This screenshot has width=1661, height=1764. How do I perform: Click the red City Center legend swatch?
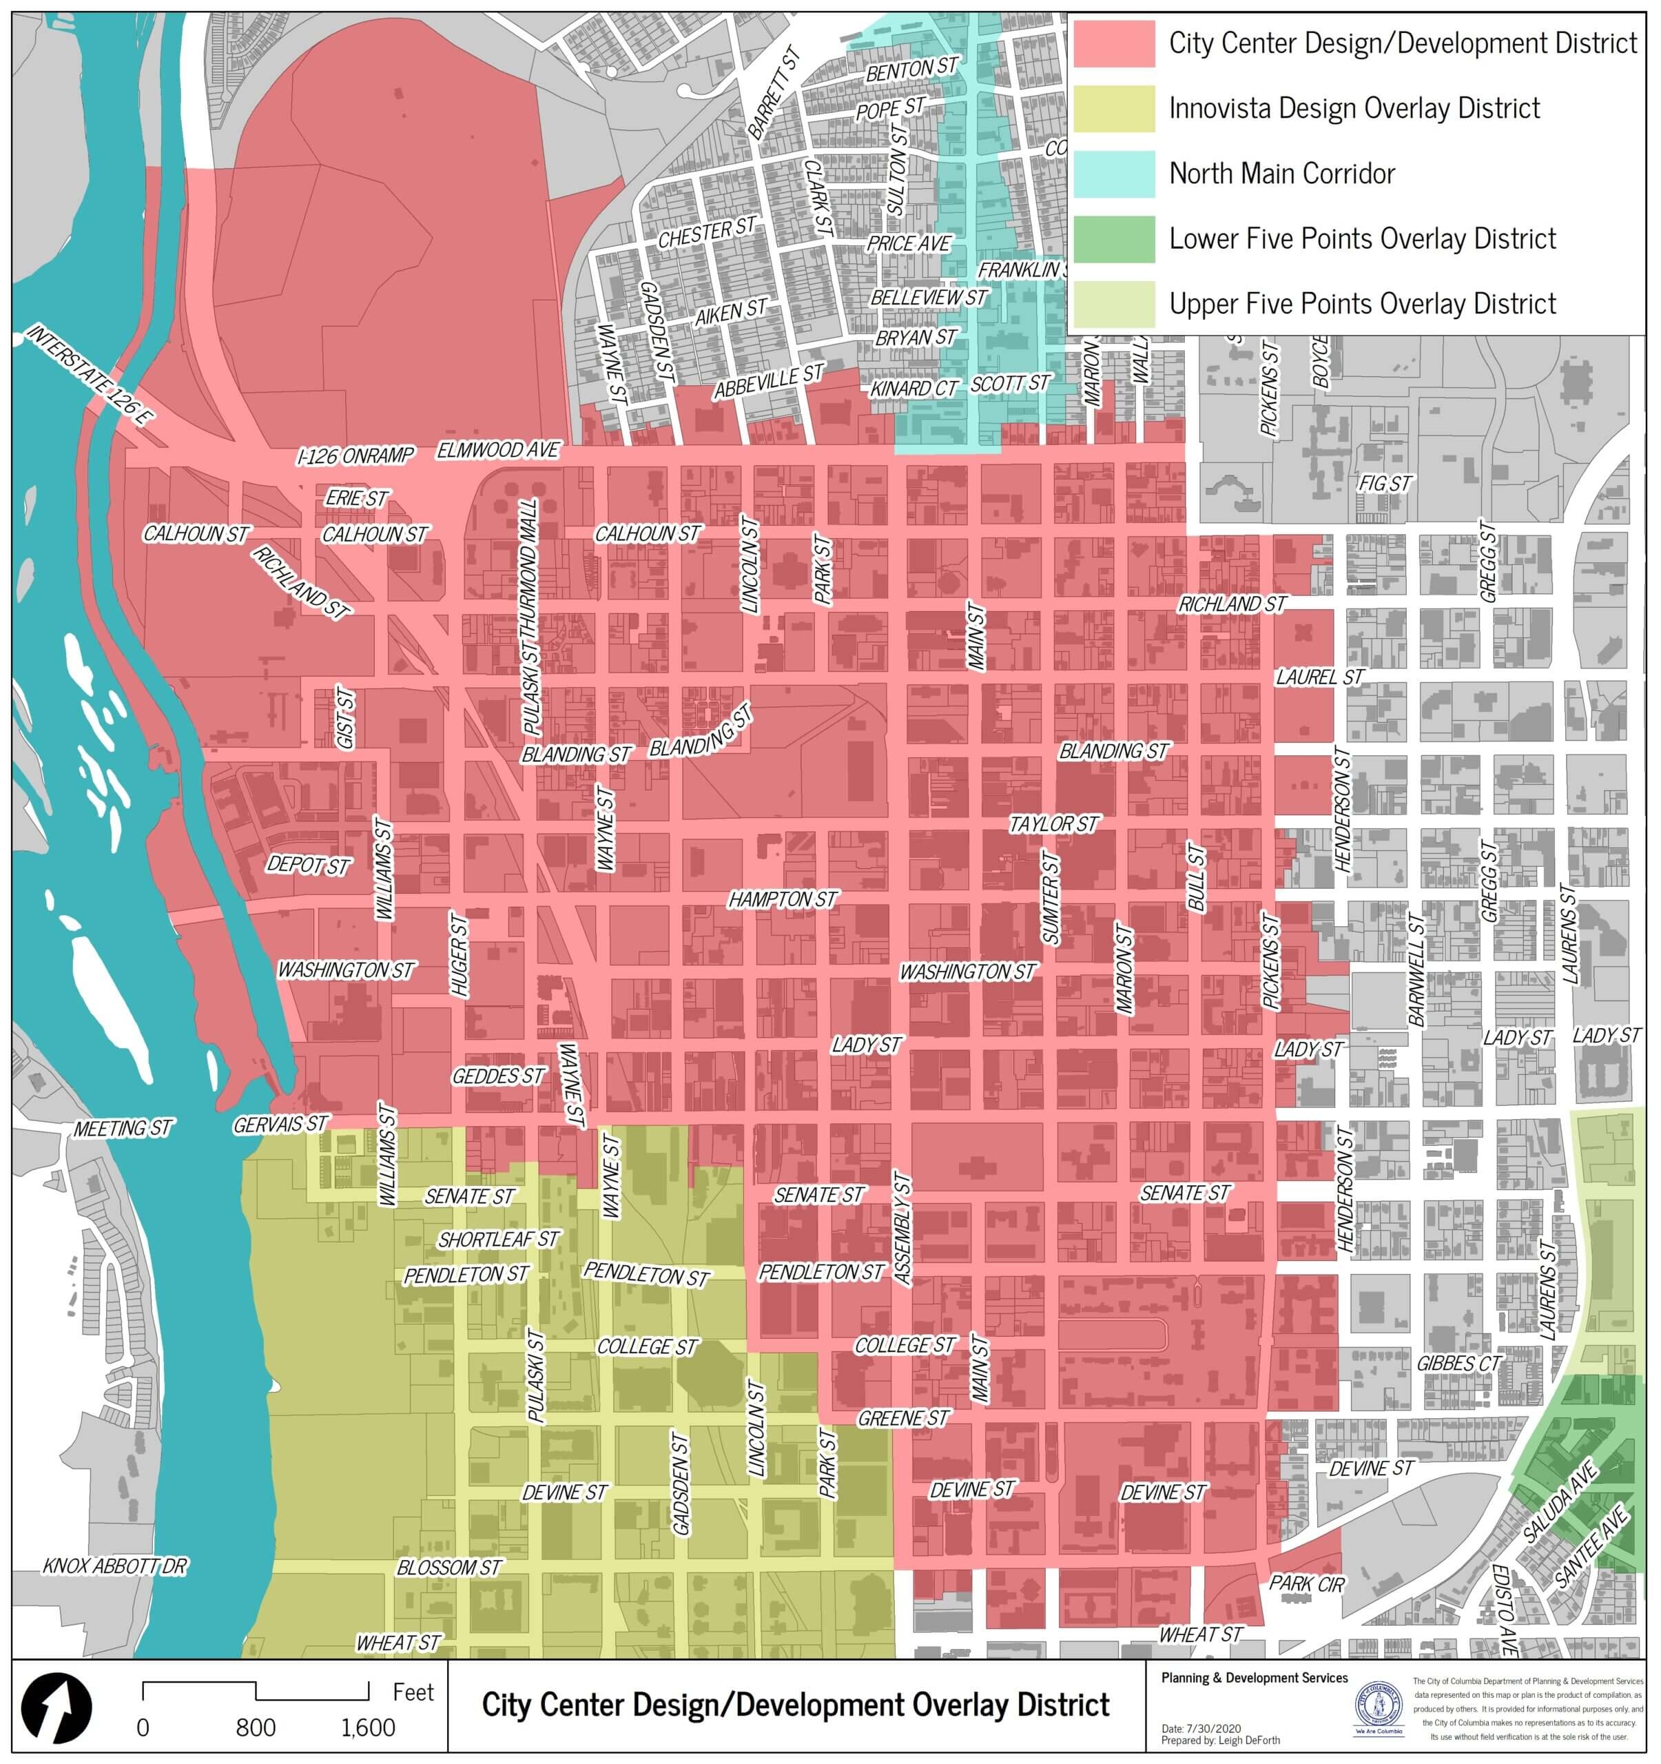1113,43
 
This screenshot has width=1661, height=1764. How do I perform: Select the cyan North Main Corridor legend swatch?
1113,174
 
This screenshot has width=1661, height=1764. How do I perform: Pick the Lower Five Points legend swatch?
1113,238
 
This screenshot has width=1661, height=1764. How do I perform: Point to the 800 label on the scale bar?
256,1727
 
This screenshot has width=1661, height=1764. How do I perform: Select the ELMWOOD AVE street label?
498,450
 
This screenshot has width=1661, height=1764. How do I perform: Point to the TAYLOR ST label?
1053,823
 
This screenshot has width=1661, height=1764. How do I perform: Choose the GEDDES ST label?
498,1076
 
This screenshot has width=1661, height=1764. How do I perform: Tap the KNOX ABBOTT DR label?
115,1566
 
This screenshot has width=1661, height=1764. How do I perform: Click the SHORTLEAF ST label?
499,1239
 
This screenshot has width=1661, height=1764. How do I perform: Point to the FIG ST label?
1384,484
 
